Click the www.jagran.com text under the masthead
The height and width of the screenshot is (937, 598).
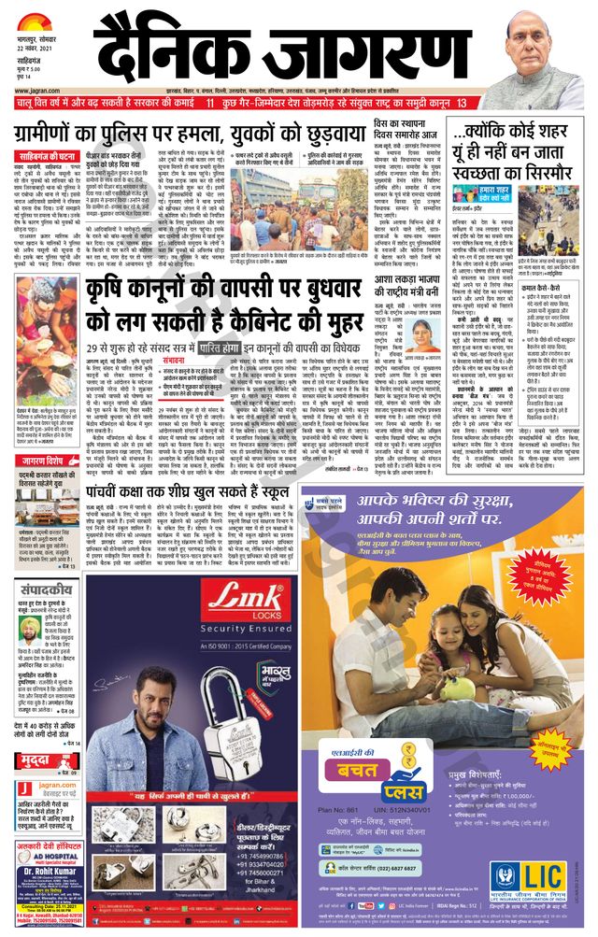pos(32,117)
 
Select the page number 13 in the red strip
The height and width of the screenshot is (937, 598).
pos(462,101)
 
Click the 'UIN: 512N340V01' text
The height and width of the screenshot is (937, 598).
pos(405,808)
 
